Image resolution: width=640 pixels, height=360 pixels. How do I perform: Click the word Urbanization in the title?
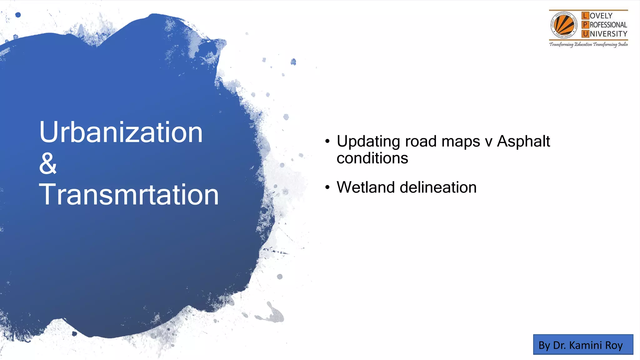click(x=121, y=132)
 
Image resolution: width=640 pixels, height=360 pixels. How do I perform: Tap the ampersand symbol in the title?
click(x=48, y=164)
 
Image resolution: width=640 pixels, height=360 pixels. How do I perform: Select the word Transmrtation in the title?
click(x=128, y=195)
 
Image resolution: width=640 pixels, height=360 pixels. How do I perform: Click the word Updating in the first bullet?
click(x=368, y=142)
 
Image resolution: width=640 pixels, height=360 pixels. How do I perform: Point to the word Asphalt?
click(x=523, y=141)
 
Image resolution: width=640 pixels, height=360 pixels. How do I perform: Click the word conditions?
click(x=372, y=158)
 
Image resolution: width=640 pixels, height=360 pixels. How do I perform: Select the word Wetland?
click(x=366, y=187)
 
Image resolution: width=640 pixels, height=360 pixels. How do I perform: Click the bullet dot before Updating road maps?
click(x=327, y=142)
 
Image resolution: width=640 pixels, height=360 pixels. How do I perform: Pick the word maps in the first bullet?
click(x=460, y=142)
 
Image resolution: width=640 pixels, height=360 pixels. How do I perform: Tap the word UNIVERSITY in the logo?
click(x=608, y=34)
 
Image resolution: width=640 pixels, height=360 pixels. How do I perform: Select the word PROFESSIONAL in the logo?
click(x=608, y=25)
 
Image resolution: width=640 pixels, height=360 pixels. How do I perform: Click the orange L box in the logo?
click(x=585, y=16)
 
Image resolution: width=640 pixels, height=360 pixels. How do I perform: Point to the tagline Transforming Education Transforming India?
click(x=588, y=44)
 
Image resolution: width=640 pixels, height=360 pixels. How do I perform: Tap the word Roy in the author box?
click(x=614, y=345)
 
